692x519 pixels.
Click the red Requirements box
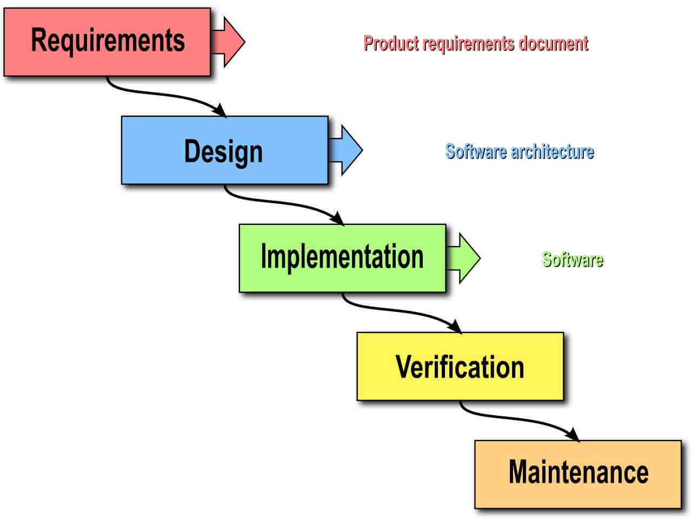(107, 42)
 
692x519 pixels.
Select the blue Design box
(224, 150)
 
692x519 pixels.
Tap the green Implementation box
(342, 258)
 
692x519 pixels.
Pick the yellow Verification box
(460, 366)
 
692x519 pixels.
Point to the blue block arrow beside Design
(346, 150)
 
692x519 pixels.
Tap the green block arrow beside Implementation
(464, 258)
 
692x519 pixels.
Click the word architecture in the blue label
(552, 151)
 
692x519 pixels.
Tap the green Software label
(572, 259)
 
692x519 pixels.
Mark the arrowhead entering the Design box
(219, 110)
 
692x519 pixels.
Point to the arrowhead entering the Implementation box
(337, 218)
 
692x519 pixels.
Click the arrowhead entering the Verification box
(455, 327)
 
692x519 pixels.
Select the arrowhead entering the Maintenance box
(573, 435)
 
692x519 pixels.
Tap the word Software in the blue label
(476, 151)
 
